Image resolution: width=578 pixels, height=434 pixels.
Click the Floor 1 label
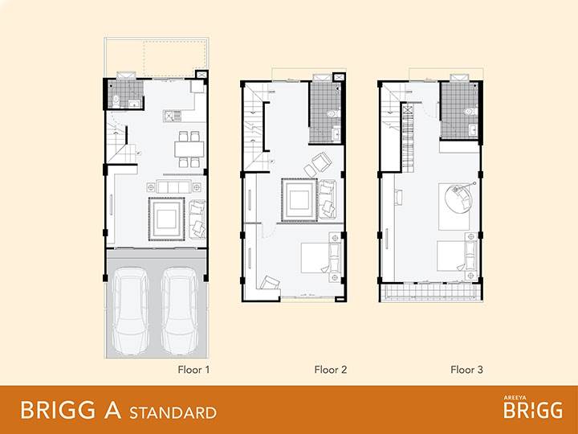coord(193,370)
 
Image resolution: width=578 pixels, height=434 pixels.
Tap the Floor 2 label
coord(330,370)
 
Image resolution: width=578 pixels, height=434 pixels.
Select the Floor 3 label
coord(466,370)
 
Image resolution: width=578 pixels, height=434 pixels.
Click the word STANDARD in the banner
coord(173,412)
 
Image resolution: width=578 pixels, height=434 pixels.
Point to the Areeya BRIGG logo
coord(533,407)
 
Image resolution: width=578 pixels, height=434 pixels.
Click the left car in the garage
coord(131,310)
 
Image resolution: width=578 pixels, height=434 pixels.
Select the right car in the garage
coord(180,310)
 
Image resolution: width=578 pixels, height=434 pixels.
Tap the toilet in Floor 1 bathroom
coord(116,100)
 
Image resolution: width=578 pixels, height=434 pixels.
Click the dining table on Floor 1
coord(189,149)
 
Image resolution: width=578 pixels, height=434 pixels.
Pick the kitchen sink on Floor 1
coord(173,116)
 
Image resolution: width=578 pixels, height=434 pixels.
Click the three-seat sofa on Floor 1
coord(173,187)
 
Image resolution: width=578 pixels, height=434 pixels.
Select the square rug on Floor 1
coord(166,219)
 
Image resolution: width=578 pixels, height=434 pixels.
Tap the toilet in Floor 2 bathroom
coord(334,113)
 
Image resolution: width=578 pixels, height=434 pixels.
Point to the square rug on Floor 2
coord(299,200)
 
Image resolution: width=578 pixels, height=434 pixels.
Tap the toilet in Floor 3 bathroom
coord(470,111)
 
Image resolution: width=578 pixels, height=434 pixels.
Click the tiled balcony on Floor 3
coord(431,292)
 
